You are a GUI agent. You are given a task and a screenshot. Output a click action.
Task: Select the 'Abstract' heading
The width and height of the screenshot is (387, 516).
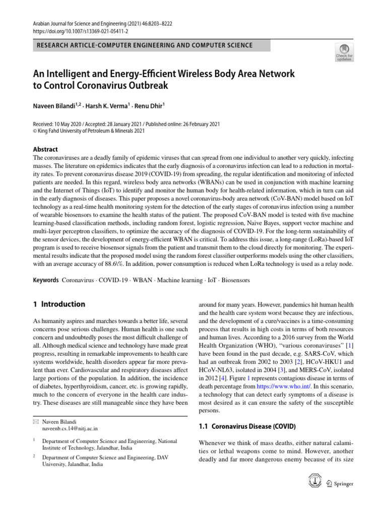point(45,149)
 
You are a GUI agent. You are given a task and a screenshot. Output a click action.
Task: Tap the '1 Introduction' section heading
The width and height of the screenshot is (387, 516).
point(58,304)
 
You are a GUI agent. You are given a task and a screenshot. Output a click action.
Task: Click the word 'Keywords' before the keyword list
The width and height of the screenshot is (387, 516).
point(45,280)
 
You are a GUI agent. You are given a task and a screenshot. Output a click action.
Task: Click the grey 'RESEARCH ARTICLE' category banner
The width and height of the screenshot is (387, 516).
point(151,45)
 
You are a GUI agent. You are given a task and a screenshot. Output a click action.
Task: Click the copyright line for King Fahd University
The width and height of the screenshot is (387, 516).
point(89,131)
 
